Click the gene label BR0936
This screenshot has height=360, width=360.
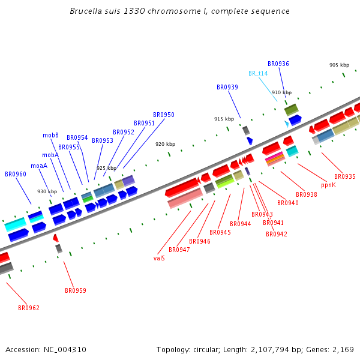pos(278,64)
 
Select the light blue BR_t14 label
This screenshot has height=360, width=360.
pos(258,73)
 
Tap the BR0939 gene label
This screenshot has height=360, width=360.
pos(227,87)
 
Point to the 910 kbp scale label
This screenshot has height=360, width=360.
pos(281,92)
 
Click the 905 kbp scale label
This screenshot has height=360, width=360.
pos(339,65)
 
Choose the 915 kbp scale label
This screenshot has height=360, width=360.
pos(224,119)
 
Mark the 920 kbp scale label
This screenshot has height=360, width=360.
pos(165,144)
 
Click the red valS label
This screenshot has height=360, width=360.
pos(159,258)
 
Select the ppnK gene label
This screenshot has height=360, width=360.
pos(328,185)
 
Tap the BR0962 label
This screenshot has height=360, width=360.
pos(29,308)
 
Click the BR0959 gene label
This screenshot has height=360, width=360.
pos(76,290)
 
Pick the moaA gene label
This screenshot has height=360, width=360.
pos(39,166)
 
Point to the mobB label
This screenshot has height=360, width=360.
pos(50,135)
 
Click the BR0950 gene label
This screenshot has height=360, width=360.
pos(164,115)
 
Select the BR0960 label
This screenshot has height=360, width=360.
pos(16,174)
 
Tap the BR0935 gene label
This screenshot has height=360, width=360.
pos(345,176)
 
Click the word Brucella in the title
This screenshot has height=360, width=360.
pos(87,11)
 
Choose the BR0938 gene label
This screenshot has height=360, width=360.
pos(306,194)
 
